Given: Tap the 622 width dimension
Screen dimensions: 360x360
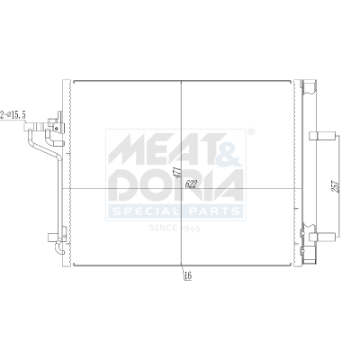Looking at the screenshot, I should [x=191, y=184].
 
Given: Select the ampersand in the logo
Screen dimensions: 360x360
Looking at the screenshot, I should [x=229, y=148].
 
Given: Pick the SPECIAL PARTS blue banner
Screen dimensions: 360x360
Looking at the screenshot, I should [x=175, y=211].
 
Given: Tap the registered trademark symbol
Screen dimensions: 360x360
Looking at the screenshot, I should [x=250, y=132].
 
